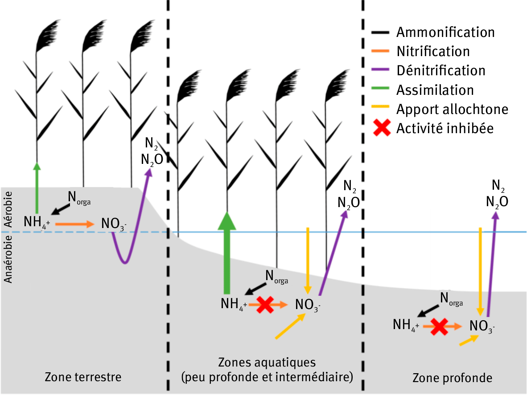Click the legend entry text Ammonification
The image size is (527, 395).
pos(445,33)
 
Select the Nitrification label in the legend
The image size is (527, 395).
pos(433,52)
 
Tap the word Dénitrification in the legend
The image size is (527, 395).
pos(441,71)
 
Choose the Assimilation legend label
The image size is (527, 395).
pos(435,90)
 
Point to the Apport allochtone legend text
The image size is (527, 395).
pos(452,109)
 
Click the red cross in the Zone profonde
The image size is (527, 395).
pos(439,327)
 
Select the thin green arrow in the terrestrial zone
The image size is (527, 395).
pos(37,187)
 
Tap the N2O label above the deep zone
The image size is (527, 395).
pos(497,202)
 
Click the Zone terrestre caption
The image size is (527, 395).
pos(83,377)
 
